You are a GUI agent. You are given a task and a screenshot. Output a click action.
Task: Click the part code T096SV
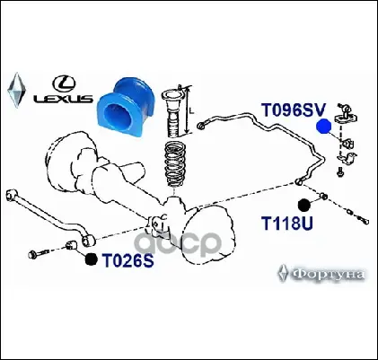[x=293, y=110]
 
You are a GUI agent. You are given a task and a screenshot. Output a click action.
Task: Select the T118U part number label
[x=287, y=223]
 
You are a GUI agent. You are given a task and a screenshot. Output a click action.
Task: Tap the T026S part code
[x=127, y=260]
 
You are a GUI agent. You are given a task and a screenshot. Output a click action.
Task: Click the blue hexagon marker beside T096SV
[x=324, y=126]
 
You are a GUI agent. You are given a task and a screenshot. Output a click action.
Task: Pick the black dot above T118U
[x=305, y=206]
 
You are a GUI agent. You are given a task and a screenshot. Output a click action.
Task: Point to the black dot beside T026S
[x=91, y=259]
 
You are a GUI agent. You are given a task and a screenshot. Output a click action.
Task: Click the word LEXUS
[x=63, y=99]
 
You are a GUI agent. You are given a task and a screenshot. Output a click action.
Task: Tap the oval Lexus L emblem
[x=64, y=83]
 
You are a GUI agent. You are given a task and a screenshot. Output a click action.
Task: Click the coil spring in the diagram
[x=175, y=164]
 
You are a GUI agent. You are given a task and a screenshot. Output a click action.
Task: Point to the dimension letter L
[x=192, y=110]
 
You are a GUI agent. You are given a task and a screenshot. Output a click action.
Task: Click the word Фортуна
[x=328, y=274]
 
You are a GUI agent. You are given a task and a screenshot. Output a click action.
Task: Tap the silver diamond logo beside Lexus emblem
[x=17, y=90]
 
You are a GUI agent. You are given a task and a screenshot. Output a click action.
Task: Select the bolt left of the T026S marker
[x=39, y=253]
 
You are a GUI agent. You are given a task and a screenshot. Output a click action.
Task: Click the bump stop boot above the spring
[x=175, y=112]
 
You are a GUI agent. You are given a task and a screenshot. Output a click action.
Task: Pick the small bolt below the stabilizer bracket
[x=339, y=172]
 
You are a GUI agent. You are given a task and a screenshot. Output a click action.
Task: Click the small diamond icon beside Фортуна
[x=283, y=273]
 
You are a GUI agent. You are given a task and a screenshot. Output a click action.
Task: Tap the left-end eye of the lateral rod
[x=12, y=194]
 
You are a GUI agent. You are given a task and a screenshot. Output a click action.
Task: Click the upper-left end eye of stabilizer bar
[x=201, y=126]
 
